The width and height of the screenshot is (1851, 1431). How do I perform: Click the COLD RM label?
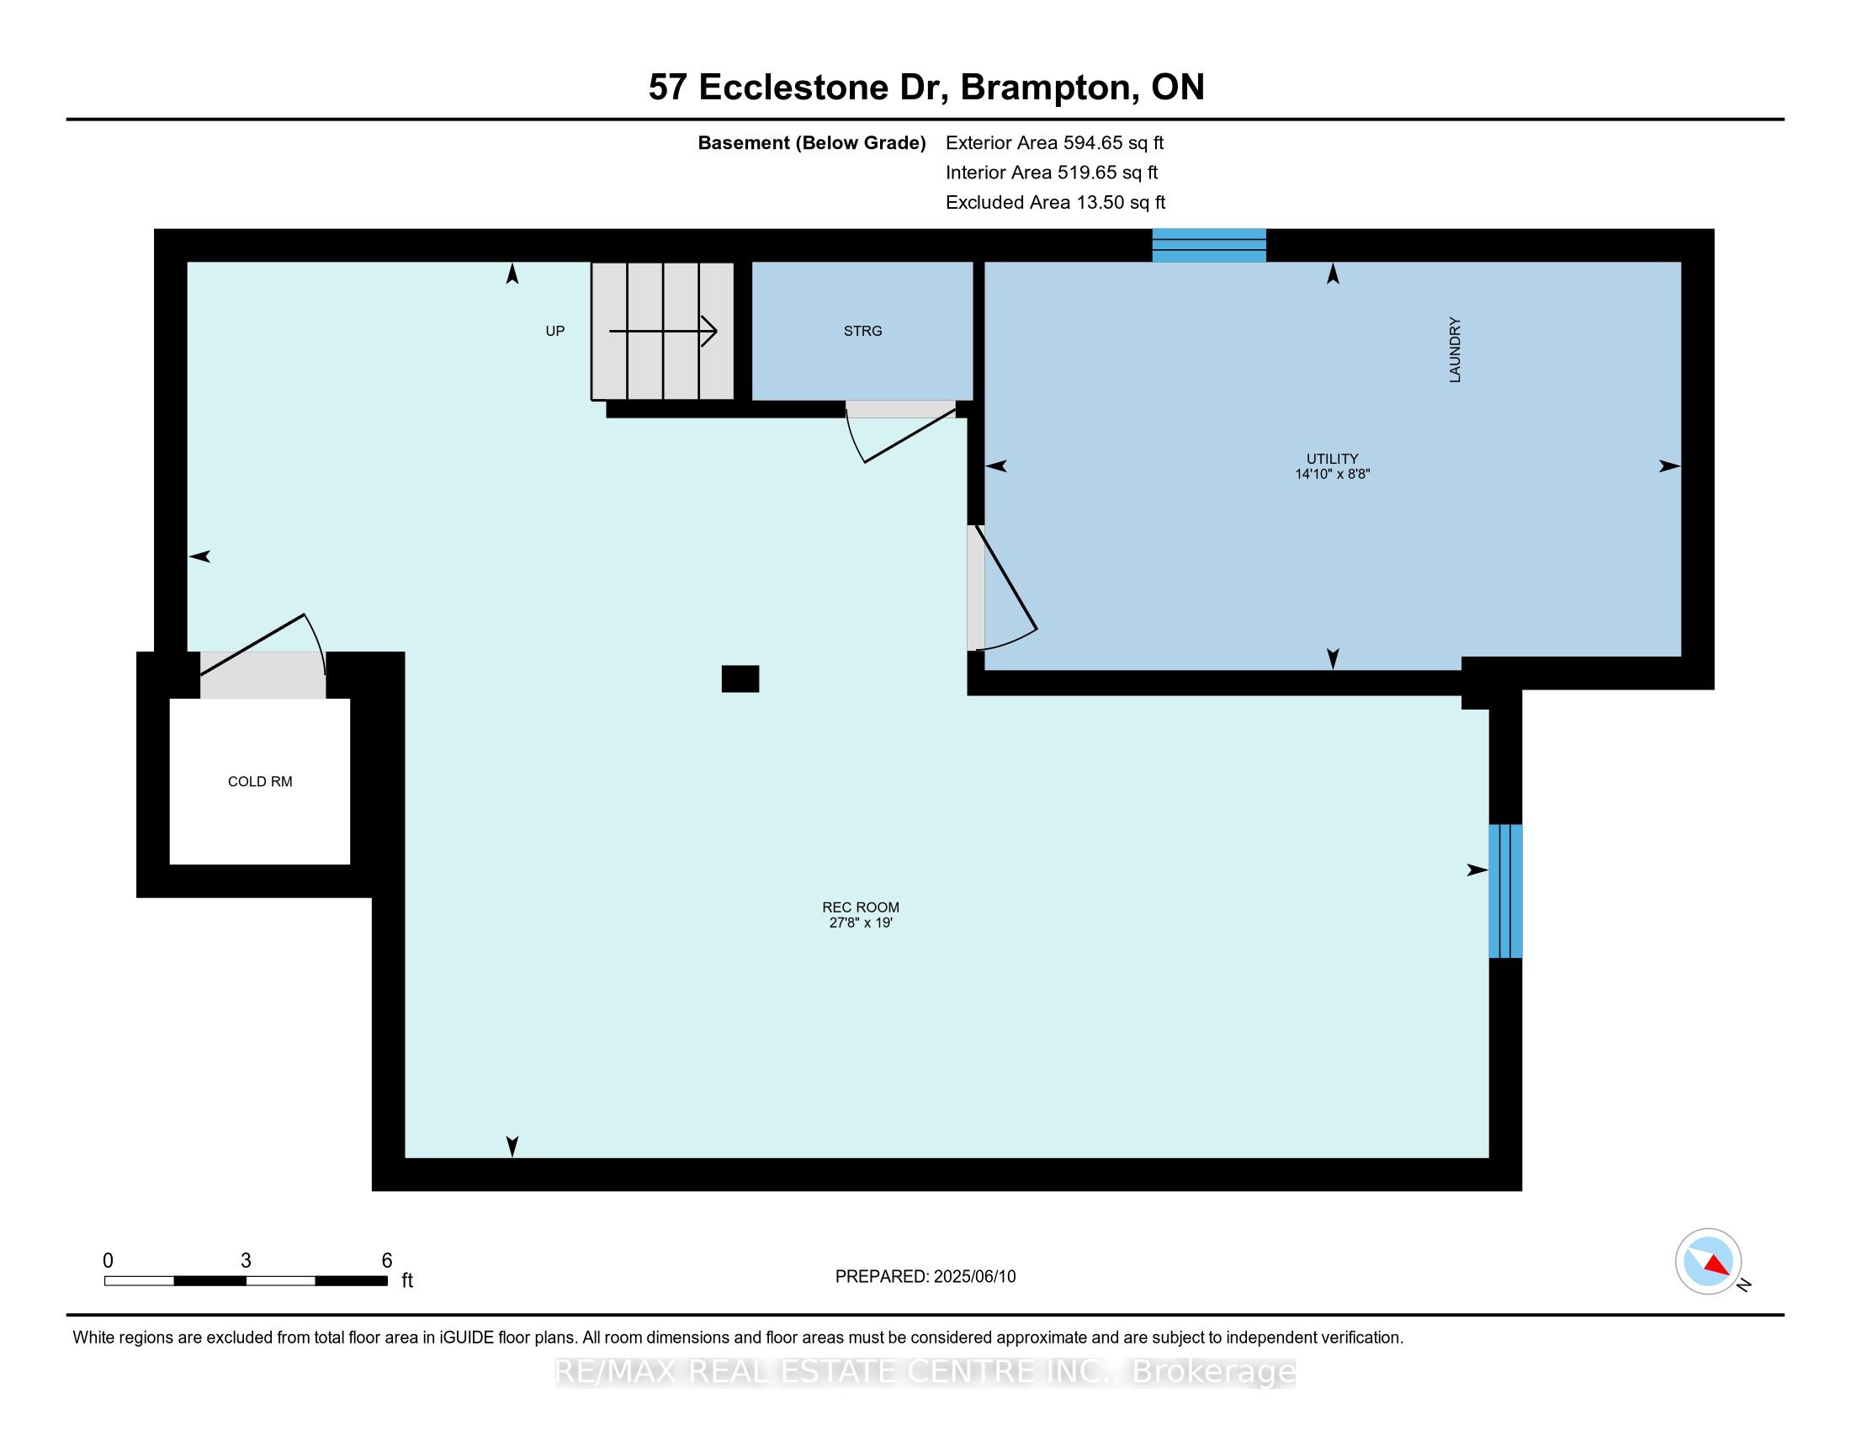(x=260, y=782)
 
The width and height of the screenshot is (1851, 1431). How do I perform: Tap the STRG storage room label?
(x=862, y=332)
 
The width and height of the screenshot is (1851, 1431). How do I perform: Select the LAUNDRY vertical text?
(x=1456, y=350)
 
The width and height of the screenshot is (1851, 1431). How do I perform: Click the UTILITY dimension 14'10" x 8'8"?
(x=1333, y=475)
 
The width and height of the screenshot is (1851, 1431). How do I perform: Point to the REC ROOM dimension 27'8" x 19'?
(x=860, y=923)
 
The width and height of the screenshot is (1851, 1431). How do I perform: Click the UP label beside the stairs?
(x=555, y=332)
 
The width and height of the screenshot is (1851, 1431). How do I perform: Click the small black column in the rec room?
(x=740, y=679)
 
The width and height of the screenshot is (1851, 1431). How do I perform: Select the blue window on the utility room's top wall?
(x=1208, y=245)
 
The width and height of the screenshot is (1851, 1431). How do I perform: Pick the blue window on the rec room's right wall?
(x=1505, y=891)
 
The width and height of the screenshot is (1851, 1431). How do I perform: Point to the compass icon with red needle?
(x=1708, y=1261)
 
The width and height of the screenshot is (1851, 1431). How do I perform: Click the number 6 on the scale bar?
(x=386, y=1261)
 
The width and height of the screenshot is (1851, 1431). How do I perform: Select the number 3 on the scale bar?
(x=246, y=1261)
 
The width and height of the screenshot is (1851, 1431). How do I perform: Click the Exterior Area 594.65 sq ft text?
(x=1054, y=143)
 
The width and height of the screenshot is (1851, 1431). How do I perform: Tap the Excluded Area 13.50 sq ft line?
(x=1055, y=203)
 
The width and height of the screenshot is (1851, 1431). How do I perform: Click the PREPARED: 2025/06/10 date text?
(x=925, y=1277)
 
